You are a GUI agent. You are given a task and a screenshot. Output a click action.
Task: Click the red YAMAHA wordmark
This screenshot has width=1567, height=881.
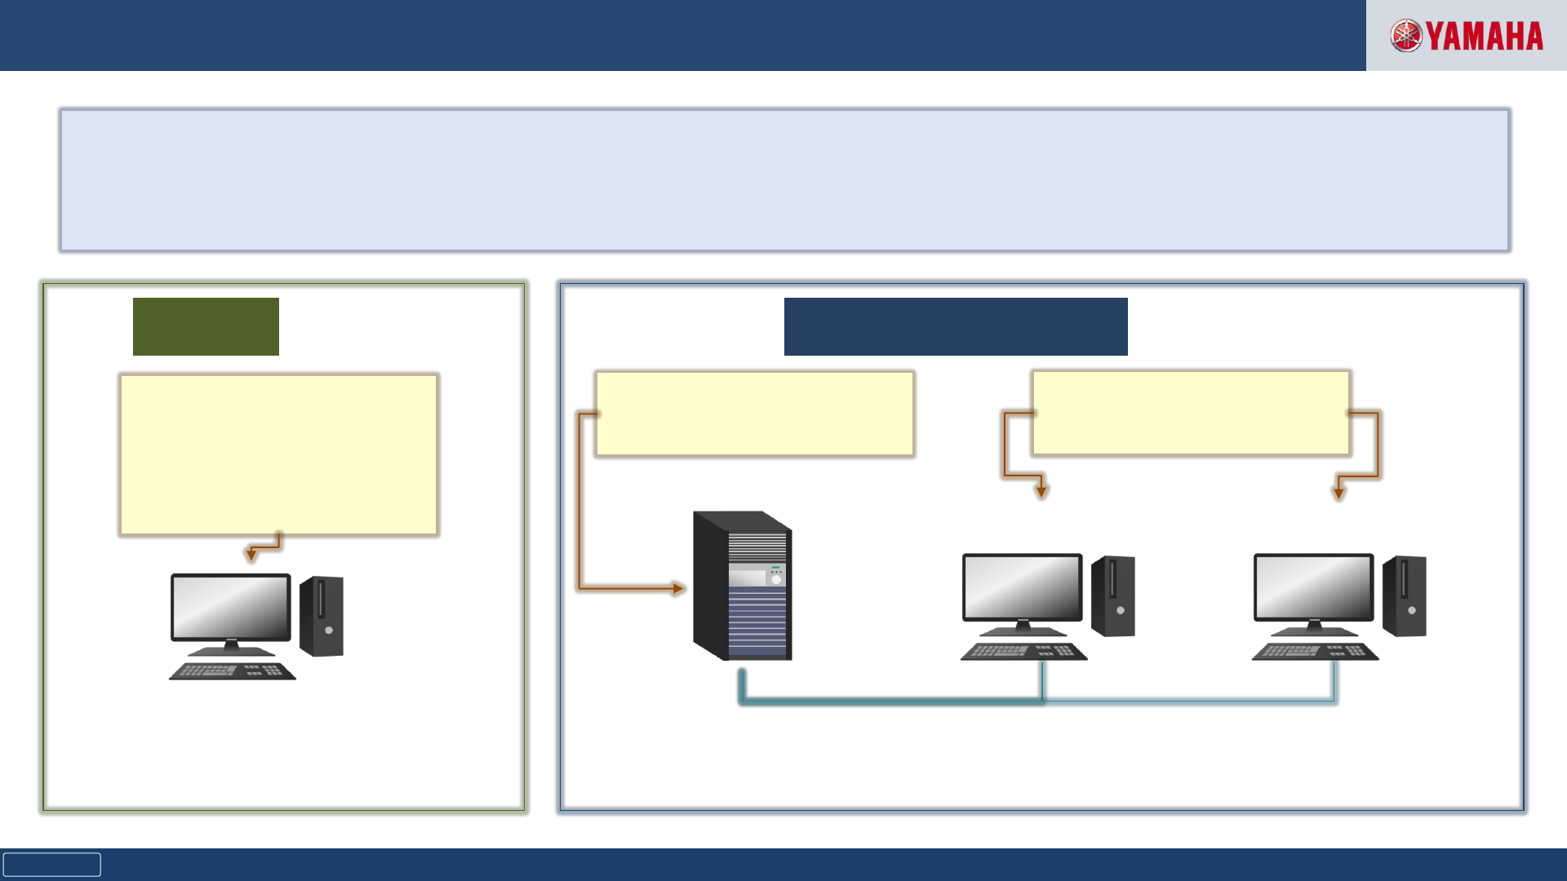coord(1485,37)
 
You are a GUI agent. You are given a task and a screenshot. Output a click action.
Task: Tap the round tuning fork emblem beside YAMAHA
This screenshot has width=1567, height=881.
coord(1406,36)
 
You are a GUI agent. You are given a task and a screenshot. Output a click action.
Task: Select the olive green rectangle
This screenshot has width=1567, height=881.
coord(206,326)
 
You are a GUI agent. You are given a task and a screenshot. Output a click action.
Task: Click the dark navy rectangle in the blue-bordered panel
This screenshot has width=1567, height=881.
coord(956,326)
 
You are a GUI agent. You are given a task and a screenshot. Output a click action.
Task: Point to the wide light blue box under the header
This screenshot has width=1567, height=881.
coord(784,180)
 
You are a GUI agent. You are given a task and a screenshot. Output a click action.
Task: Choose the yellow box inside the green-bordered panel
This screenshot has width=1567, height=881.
coord(278,454)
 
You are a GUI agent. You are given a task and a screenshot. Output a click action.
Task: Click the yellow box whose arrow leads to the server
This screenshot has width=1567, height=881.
coord(754,414)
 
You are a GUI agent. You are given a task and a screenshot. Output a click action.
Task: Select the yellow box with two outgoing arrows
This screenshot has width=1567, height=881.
coord(1191,413)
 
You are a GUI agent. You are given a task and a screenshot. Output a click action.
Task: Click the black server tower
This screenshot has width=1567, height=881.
coord(742,585)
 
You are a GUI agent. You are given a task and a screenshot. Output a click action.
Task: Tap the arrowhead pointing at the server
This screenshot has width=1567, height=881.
coord(678,588)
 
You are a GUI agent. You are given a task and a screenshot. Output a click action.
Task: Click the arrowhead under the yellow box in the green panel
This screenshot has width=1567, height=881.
coord(251,556)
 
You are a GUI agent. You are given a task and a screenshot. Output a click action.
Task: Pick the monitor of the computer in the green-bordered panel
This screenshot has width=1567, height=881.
coord(231,608)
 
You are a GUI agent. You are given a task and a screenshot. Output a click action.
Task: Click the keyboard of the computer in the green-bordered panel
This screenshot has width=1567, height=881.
coord(232,671)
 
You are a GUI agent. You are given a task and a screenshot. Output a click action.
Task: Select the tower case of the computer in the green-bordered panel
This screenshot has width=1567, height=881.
coord(322,616)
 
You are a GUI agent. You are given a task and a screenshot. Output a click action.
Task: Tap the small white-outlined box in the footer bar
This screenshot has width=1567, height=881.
coord(51,865)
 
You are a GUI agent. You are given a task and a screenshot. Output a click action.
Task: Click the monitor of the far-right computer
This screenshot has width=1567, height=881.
coord(1313,587)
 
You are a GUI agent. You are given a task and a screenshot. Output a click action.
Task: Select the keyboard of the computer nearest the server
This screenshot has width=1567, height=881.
coord(1023,652)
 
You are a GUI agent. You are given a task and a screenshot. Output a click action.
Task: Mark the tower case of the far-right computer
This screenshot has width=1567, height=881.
coord(1405,595)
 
